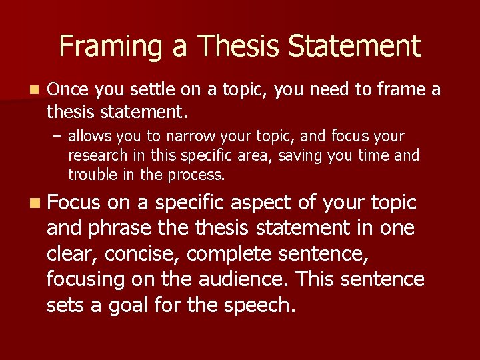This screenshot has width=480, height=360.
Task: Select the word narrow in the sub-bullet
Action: pyautogui.click(x=191, y=137)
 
